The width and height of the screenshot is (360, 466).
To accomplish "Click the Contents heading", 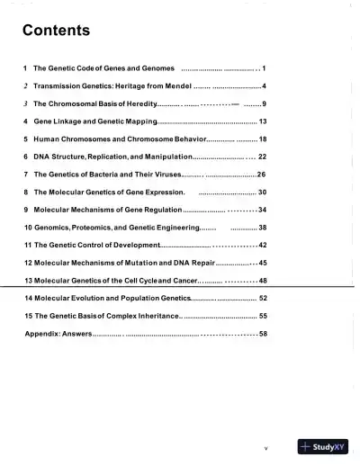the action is [x=56, y=31].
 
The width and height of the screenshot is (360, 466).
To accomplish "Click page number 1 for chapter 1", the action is [x=264, y=68].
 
